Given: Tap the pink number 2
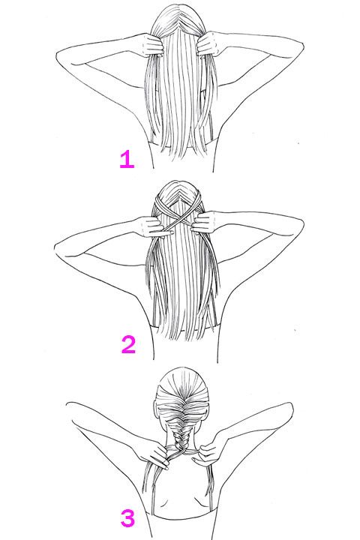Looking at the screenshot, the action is (128, 345).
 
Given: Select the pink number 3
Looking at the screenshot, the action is (127, 519).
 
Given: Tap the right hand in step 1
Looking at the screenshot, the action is (208, 44).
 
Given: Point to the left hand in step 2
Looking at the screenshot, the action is (153, 226).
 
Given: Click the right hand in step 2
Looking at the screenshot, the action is (205, 223).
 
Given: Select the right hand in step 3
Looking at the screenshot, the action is (211, 451).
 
